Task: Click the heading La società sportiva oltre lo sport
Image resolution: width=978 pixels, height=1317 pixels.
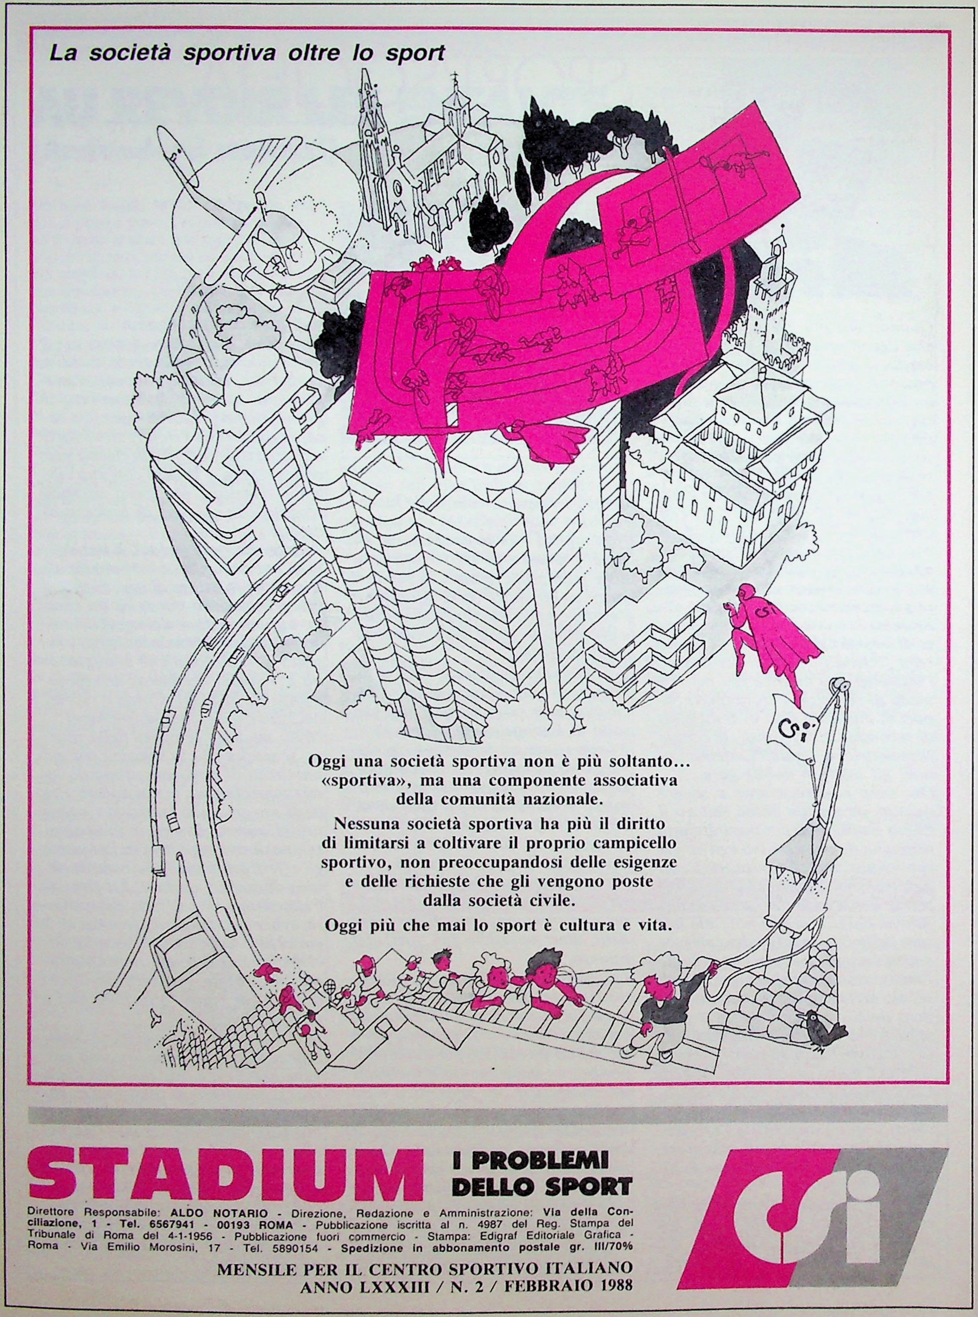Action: pos(247,54)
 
